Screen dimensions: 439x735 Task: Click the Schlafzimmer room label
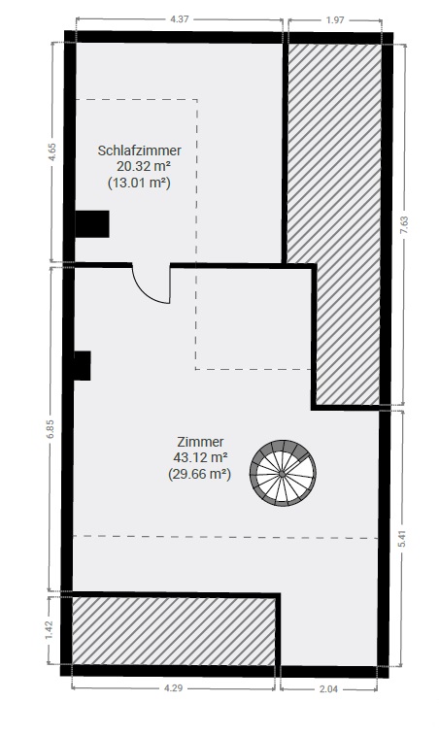139,150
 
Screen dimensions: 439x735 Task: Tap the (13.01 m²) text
139,183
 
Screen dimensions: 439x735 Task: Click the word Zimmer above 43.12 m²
200,442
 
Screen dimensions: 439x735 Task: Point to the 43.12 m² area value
201,457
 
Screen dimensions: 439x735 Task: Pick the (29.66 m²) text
199,474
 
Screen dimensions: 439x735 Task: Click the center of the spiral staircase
283,474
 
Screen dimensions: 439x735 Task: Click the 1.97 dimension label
335,19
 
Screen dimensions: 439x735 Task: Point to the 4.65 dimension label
52,151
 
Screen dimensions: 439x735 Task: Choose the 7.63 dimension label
405,226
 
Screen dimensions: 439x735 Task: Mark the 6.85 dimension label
51,429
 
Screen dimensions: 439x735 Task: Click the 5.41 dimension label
401,539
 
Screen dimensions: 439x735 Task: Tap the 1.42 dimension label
51,630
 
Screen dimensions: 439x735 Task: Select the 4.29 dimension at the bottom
173,688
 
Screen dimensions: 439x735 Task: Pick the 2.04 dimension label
328,689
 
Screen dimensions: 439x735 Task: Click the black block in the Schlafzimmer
92,224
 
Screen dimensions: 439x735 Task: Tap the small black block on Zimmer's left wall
83,366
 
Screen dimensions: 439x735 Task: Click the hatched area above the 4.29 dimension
174,631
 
